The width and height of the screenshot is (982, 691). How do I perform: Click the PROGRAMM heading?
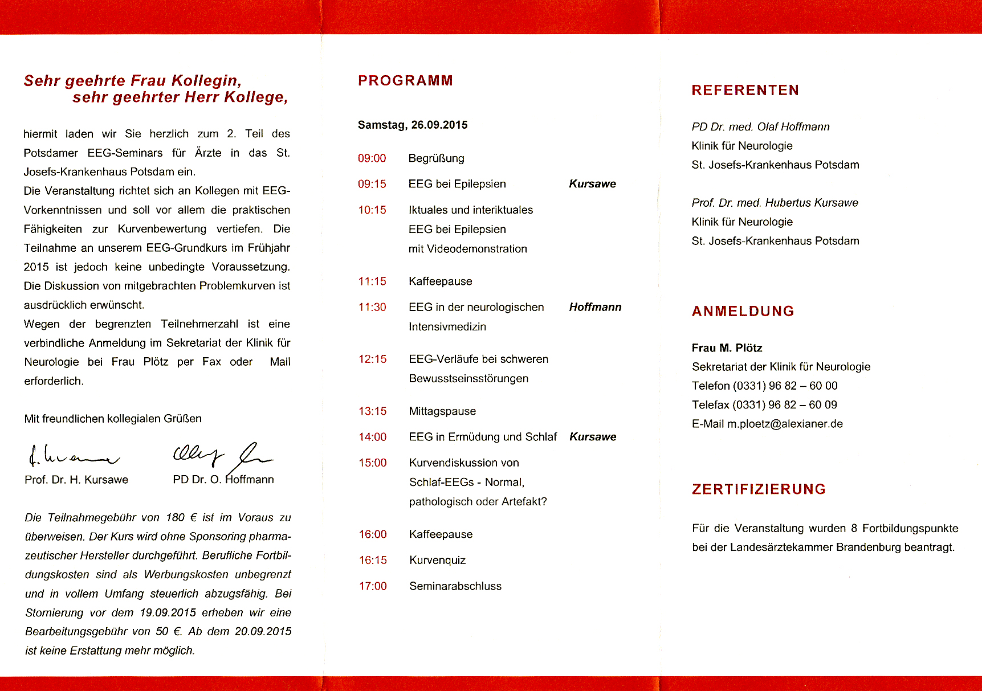tap(405, 81)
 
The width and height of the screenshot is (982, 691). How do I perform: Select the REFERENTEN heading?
tap(745, 91)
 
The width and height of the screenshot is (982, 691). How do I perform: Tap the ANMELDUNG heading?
tap(743, 312)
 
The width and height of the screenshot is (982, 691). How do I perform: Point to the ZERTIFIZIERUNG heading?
tap(759, 489)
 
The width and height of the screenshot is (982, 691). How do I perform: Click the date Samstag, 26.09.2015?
tap(412, 125)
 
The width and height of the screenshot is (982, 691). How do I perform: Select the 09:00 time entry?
tap(372, 158)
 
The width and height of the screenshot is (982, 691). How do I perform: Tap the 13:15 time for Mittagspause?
tap(372, 411)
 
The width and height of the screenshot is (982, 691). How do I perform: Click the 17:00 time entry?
tap(373, 586)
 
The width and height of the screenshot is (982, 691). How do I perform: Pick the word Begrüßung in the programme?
tap(436, 158)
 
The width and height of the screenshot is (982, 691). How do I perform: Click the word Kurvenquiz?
tap(437, 561)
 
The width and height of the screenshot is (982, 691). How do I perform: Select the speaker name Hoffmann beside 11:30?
tap(595, 308)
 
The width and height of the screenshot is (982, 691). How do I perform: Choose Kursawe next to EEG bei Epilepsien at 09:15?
tap(592, 184)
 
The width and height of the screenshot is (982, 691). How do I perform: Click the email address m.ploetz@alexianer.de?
tap(784, 424)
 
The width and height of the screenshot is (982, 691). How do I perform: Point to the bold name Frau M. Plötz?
tap(727, 348)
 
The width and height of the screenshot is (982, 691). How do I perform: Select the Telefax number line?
tap(764, 405)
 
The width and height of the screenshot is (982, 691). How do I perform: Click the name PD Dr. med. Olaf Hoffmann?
tap(760, 127)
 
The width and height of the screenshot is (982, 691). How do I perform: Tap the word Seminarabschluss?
tap(455, 586)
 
